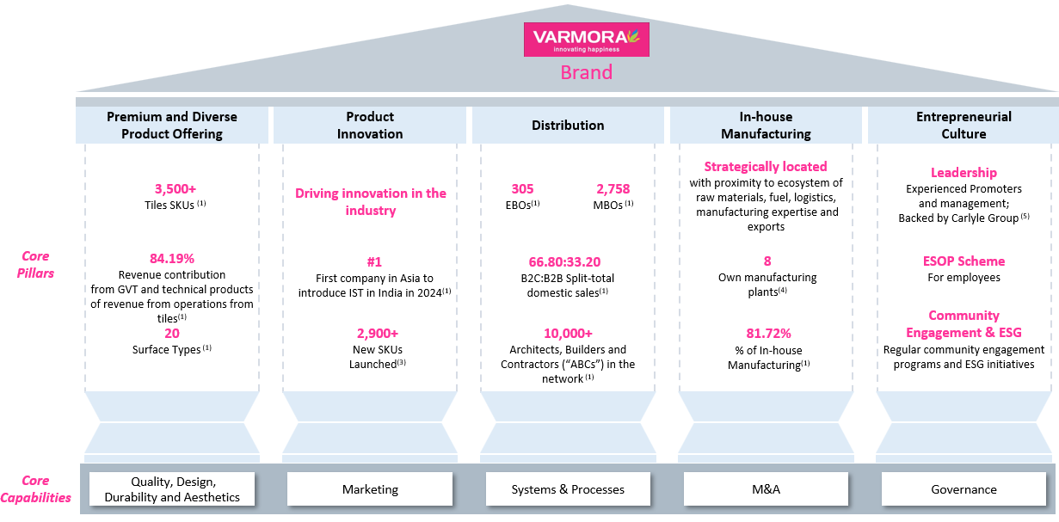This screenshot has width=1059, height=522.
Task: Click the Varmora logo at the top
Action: (x=586, y=40)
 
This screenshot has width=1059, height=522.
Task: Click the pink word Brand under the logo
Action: (x=586, y=72)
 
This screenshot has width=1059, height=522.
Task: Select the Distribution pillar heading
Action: (x=568, y=126)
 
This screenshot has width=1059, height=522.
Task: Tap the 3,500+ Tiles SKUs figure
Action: (x=175, y=189)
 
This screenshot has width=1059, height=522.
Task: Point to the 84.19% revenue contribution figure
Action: (x=172, y=258)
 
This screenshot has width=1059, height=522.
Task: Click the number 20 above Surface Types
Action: (x=172, y=334)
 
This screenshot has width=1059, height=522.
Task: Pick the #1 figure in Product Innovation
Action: (x=374, y=261)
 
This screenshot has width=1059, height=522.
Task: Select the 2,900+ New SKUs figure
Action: (x=378, y=334)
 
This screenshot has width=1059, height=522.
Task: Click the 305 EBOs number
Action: (x=522, y=189)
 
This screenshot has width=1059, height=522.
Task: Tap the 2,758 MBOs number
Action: (x=613, y=189)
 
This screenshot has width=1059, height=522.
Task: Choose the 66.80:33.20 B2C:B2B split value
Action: (x=564, y=261)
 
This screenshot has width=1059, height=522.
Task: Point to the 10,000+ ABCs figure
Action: (x=568, y=334)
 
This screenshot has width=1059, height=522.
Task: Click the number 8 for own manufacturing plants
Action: (x=767, y=261)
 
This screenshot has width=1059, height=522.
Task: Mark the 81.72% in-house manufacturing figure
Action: (x=769, y=334)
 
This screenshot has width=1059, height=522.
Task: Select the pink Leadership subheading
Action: (x=964, y=173)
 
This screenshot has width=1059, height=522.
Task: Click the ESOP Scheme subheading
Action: (x=964, y=261)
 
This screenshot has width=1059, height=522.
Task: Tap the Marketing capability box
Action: (x=370, y=489)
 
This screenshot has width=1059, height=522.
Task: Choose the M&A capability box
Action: (x=766, y=489)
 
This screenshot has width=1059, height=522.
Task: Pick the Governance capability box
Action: (x=964, y=489)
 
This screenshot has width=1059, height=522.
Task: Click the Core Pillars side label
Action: (x=35, y=265)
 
